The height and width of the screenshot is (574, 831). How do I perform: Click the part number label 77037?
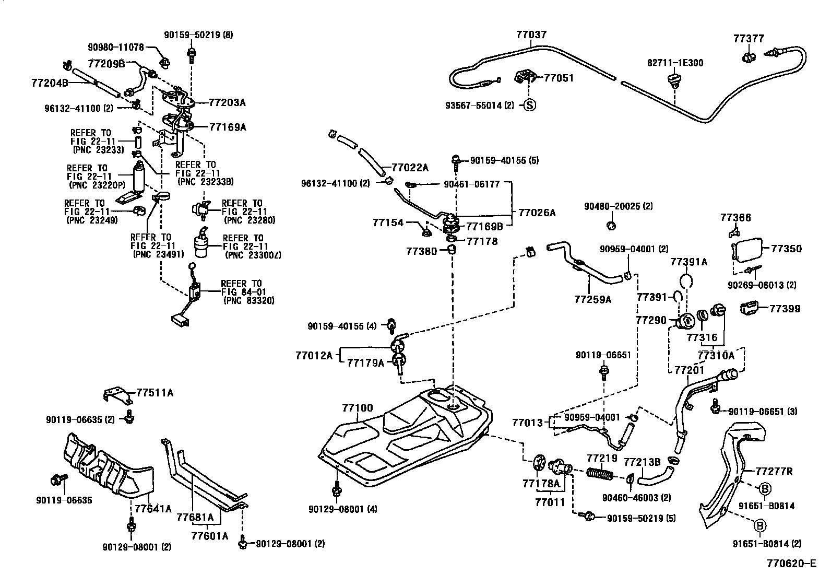coord(531,35)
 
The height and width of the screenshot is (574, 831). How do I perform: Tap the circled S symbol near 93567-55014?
coord(530,105)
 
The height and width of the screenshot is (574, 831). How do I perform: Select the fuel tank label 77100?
coord(358,407)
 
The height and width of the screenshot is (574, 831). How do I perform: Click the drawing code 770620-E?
coord(791,564)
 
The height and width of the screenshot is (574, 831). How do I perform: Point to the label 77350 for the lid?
coord(787,249)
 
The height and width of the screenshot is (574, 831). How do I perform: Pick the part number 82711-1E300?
coord(675,63)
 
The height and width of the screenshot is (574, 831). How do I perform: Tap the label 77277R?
coord(774,472)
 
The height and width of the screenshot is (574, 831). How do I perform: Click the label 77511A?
coord(155,393)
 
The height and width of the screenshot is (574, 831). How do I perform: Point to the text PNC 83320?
coord(248,301)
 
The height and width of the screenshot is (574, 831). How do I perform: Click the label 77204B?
coord(50,83)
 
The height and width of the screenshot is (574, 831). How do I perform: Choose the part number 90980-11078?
coord(116,47)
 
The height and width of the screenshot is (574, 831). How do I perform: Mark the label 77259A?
coord(592,300)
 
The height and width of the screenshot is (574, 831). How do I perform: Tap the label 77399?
coord(785,309)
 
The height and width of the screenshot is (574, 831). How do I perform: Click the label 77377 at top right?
coord(749,39)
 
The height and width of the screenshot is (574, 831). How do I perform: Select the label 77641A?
coord(153,509)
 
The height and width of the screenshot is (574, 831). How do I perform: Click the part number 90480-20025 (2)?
coord(619,206)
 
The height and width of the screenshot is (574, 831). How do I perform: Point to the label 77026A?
coord(537,213)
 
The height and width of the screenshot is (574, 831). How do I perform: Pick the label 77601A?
coord(209,535)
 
